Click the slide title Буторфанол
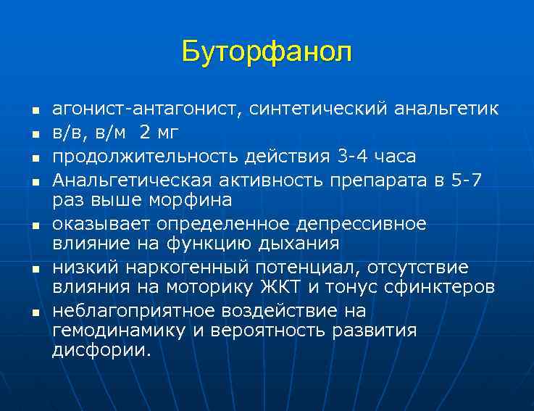tap(267, 51)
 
